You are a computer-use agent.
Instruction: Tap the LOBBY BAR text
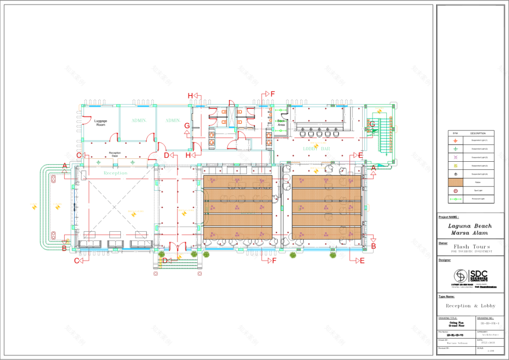(x=316, y=149)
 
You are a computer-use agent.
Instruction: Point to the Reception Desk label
(x=114, y=154)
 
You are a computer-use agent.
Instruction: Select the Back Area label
(x=281, y=123)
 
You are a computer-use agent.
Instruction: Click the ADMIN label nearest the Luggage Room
(x=139, y=120)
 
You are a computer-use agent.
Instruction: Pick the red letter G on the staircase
(x=372, y=124)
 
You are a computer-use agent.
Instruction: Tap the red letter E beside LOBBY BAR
(x=360, y=155)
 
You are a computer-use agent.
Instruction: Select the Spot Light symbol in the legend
(x=455, y=190)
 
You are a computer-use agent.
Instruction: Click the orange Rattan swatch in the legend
(x=455, y=181)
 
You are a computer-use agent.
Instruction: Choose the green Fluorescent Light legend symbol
(x=455, y=198)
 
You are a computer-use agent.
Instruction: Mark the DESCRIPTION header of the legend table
(x=478, y=132)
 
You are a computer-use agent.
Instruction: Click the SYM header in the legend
(x=455, y=132)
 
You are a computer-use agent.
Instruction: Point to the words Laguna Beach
(x=470, y=227)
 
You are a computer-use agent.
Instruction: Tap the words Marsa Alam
(x=470, y=233)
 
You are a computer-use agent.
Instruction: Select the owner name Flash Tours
(x=470, y=247)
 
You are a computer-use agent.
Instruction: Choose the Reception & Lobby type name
(x=470, y=306)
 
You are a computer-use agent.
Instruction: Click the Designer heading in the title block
(x=445, y=260)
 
